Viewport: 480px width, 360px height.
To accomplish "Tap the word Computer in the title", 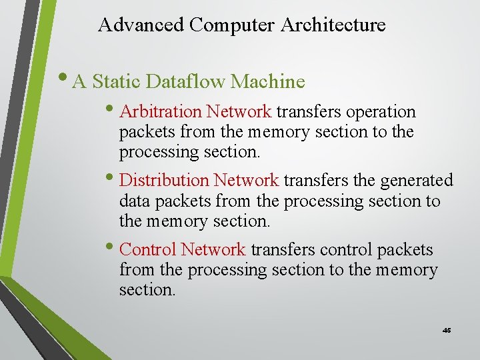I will [x=233, y=25].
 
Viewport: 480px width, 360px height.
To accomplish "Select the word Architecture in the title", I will [x=333, y=25].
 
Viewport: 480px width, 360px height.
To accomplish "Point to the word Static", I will [x=116, y=82].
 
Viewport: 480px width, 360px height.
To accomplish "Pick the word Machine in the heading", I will [x=267, y=82].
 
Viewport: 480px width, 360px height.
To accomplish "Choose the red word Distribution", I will [x=164, y=180].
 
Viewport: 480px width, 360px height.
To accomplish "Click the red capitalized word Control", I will [x=147, y=249].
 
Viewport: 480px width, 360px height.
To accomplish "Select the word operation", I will [x=381, y=111].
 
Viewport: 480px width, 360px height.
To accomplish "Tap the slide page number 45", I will [x=447, y=330].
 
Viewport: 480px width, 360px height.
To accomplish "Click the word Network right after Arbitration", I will [x=239, y=111].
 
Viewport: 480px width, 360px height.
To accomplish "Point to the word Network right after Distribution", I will [x=246, y=180].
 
